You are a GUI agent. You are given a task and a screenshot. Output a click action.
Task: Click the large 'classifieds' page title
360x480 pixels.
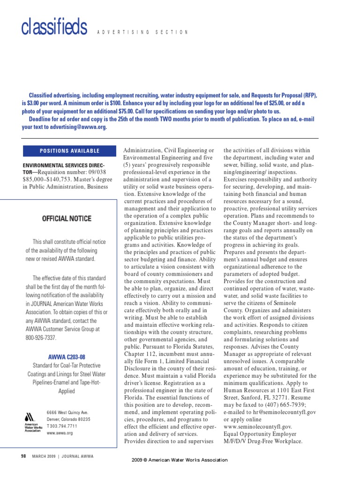coord(54,28)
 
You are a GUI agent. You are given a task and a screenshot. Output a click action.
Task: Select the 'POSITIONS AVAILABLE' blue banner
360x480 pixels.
coord(69,151)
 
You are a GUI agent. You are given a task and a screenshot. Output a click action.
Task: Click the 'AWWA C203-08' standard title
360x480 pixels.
coord(66,357)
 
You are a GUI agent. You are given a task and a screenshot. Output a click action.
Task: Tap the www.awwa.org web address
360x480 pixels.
coord(60,434)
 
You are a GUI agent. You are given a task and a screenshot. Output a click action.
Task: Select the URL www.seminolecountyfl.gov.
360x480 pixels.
coord(258,427)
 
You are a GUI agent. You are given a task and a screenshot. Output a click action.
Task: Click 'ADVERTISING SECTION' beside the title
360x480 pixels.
coord(142,32)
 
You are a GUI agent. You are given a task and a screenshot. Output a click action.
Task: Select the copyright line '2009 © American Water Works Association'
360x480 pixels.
coord(180,460)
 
